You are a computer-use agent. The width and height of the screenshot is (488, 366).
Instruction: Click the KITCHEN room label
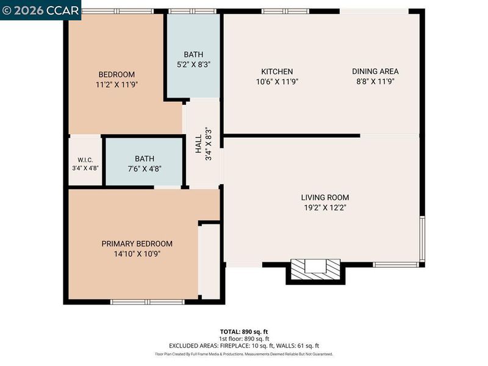tap(277, 71)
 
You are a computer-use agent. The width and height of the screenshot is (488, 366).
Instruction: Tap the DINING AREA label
tap(375, 71)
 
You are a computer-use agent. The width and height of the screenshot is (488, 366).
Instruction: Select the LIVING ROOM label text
tap(325, 197)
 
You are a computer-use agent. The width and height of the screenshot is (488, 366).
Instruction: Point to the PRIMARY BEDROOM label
tap(137, 243)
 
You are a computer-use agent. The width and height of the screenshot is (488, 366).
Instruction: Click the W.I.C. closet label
tap(85, 160)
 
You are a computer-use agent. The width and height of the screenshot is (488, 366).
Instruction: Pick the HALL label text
tap(199, 144)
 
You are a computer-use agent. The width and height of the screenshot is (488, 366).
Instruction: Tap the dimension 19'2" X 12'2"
tap(325, 207)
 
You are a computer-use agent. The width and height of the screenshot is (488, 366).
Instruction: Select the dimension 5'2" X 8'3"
tap(193, 65)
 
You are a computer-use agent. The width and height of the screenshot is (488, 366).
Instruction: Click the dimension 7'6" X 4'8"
tap(145, 169)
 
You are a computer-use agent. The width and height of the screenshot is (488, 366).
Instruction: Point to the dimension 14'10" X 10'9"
tap(137, 254)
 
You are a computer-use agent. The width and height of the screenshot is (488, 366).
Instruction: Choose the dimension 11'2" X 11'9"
tap(117, 85)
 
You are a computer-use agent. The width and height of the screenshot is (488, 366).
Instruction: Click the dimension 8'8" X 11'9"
tap(375, 82)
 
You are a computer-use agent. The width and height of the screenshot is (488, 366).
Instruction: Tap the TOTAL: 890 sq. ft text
tap(244, 332)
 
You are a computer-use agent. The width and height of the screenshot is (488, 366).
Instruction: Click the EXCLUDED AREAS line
tap(244, 346)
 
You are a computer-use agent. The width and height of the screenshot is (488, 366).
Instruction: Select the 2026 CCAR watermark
tap(40, 10)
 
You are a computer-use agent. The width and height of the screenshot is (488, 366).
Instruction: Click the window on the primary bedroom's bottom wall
tap(148, 302)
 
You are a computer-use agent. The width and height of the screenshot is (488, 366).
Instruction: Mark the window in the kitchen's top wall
tap(285, 11)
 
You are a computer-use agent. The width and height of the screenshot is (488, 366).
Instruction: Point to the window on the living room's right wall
tap(422, 239)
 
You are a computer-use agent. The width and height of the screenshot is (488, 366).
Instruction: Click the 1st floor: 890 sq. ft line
tap(244, 339)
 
